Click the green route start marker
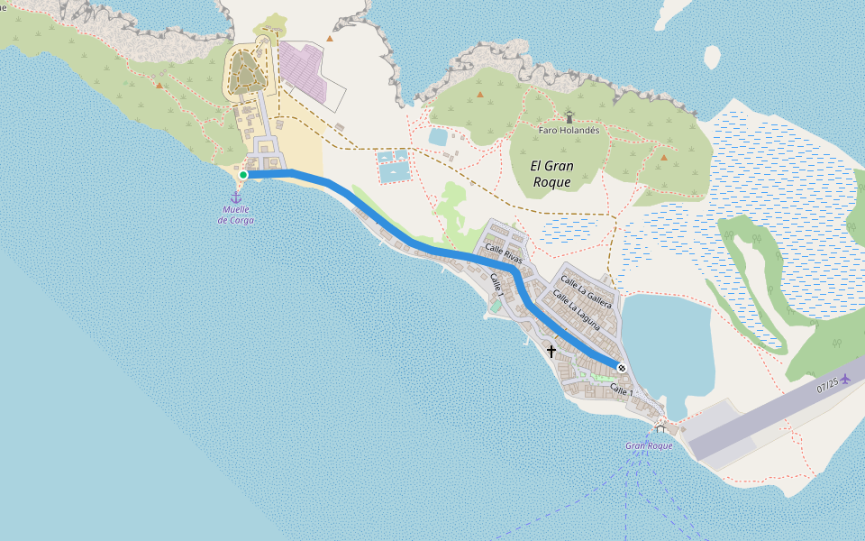[x=243, y=175]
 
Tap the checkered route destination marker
[x=621, y=366]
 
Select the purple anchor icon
[x=236, y=197]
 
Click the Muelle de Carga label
[x=236, y=215]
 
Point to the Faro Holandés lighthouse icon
[x=569, y=116]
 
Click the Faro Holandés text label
[x=569, y=130]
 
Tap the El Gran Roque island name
[x=551, y=173]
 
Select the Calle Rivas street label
[x=504, y=252]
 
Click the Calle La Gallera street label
[x=586, y=292]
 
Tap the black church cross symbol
[x=551, y=351]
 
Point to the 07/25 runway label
[x=827, y=386]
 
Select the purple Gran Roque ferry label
[x=649, y=446]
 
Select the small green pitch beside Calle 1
[x=495, y=306]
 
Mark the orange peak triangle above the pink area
[x=330, y=38]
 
